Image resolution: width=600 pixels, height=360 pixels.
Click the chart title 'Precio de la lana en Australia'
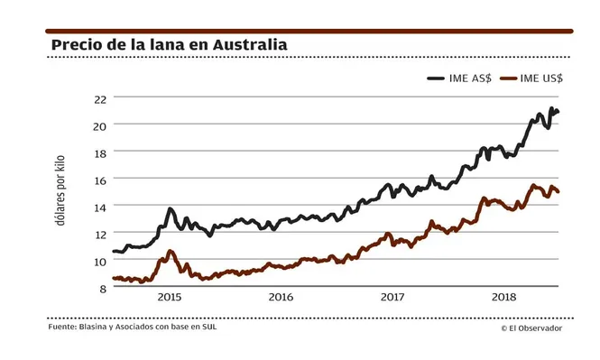169,45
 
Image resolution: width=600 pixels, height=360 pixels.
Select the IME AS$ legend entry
460,78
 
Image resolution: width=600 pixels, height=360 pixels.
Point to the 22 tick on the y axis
101,97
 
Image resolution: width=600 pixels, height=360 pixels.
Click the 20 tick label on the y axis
101,125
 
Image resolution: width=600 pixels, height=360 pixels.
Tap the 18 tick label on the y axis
101,152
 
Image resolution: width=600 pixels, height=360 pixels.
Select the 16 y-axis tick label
101,180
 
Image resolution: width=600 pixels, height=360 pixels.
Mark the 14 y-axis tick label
101,207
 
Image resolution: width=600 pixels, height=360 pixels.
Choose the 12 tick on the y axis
101,234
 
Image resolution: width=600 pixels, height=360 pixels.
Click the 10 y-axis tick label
101,261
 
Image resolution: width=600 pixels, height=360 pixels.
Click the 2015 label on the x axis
170,296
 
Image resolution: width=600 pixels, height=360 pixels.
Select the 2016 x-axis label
281,296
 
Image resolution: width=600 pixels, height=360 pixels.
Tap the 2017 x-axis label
392,296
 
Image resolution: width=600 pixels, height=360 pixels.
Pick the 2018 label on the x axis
503,296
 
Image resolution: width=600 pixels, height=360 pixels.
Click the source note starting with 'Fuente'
133,327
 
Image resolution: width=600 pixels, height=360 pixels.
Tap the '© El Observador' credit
531,328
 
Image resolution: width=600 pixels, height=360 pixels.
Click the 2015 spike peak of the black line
170,210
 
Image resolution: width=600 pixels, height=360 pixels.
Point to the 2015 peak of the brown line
170,252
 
